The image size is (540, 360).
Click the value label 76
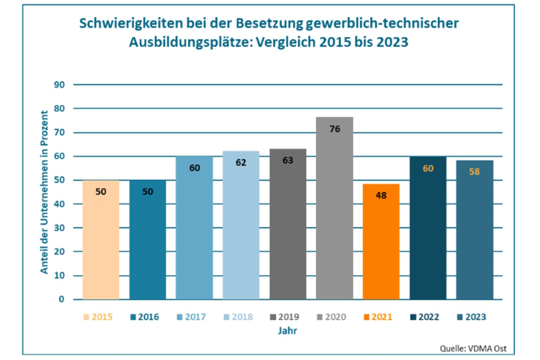pos(334,129)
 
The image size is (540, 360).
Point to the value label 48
pos(381,195)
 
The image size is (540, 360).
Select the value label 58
pos(474,171)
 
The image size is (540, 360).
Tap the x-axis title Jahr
pos(287,331)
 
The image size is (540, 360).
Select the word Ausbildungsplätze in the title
pos(191,42)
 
